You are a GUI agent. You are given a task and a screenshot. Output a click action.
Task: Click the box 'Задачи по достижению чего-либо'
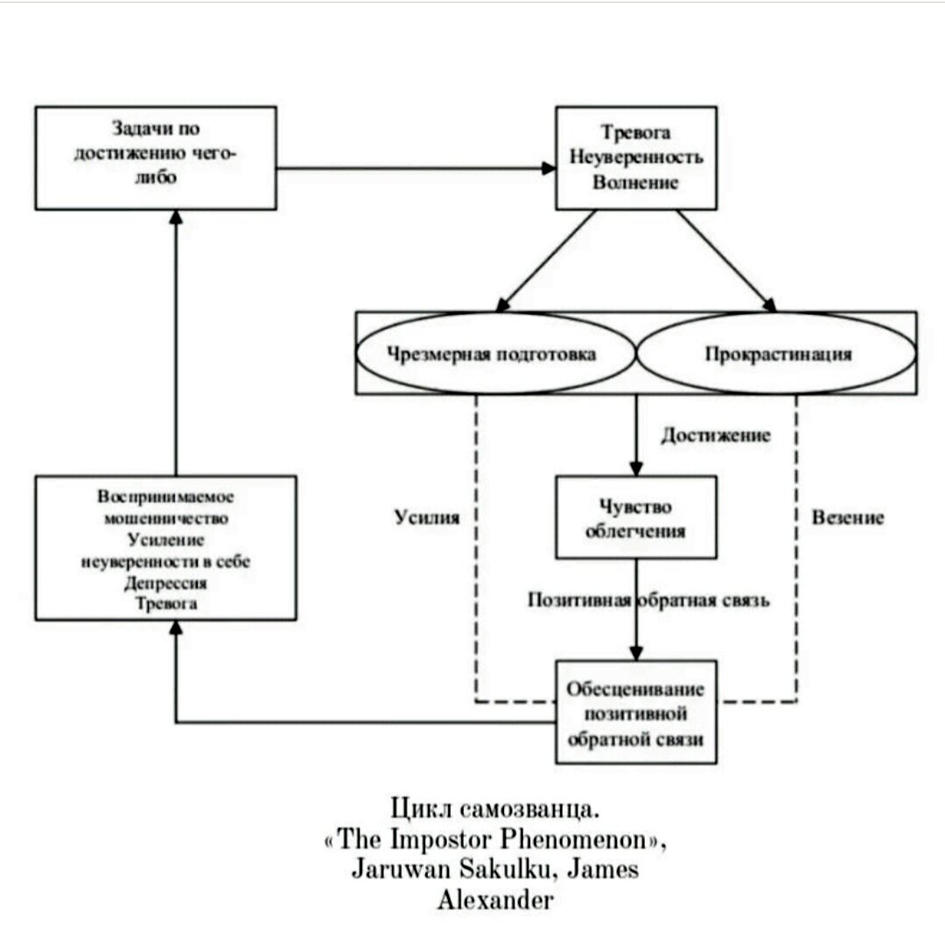[156, 157]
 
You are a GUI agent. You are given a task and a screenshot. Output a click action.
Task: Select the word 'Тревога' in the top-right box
[636, 133]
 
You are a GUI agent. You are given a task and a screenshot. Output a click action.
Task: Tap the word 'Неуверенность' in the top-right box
[636, 158]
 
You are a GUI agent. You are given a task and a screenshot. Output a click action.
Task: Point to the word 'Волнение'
[636, 183]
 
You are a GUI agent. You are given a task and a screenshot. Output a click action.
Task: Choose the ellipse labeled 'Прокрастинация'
[777, 354]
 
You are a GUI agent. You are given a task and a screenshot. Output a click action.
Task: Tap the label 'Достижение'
[716, 435]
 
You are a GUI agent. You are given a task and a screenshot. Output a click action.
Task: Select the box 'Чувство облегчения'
[636, 519]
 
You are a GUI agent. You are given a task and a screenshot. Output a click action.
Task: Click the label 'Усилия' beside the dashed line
[426, 518]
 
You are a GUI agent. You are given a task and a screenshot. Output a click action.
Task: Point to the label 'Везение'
[848, 518]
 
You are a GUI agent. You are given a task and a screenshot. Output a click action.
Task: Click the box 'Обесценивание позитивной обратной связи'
[636, 712]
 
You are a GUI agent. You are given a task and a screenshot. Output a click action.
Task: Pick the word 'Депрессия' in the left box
[165, 583]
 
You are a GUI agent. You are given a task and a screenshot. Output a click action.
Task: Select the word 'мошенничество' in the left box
[165, 518]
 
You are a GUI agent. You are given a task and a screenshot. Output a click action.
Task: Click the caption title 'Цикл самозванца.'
[495, 806]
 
